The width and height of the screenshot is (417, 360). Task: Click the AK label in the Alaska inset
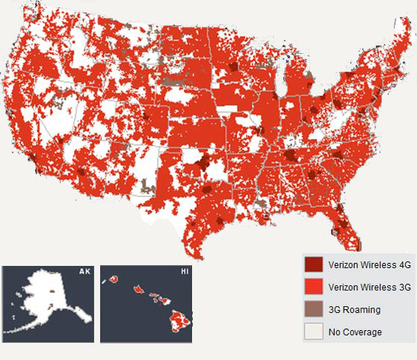[x=84, y=272]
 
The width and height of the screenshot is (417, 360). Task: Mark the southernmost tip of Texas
[x=196, y=255]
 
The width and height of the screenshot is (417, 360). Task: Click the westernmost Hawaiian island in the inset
[x=116, y=279]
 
